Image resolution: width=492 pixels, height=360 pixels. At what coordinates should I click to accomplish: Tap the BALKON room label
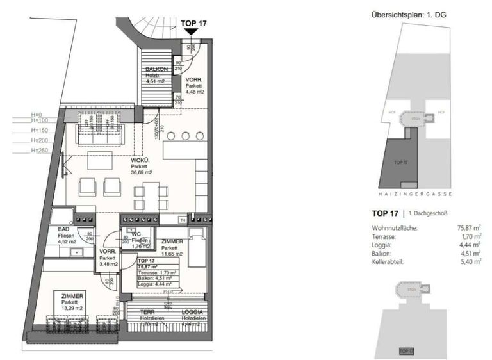[x=156, y=69]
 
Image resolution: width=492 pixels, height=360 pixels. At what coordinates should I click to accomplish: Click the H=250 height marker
[x=40, y=151]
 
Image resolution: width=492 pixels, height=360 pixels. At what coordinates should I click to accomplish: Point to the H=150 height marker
[x=40, y=129]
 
